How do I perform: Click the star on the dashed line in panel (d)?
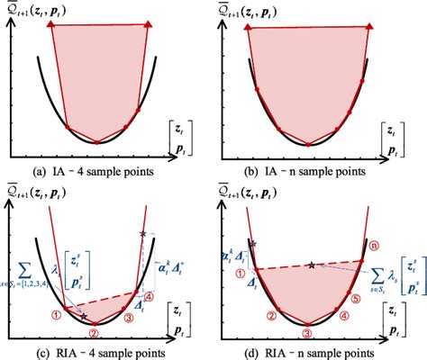312,265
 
